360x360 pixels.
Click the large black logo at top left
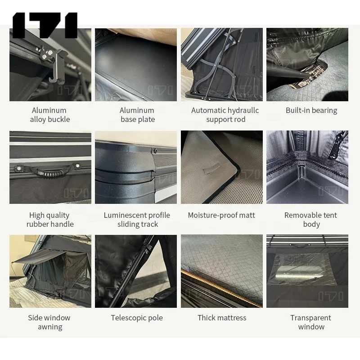[x=45, y=25]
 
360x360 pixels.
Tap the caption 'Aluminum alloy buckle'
[x=49, y=115]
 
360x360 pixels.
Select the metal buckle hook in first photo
[x=54, y=67]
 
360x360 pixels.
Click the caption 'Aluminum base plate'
[x=137, y=115]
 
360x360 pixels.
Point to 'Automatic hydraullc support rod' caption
[x=225, y=115]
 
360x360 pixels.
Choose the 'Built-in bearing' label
[x=311, y=110]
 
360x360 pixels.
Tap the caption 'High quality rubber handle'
[x=49, y=220]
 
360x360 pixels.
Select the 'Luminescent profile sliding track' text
[x=137, y=220]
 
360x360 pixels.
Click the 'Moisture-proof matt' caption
[x=221, y=215]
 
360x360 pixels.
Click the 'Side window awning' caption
[x=49, y=322]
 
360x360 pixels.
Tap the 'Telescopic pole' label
[x=137, y=318]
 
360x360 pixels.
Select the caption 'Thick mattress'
[x=222, y=318]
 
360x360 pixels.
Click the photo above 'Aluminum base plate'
[x=136, y=65]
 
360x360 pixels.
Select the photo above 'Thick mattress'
[x=222, y=271]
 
